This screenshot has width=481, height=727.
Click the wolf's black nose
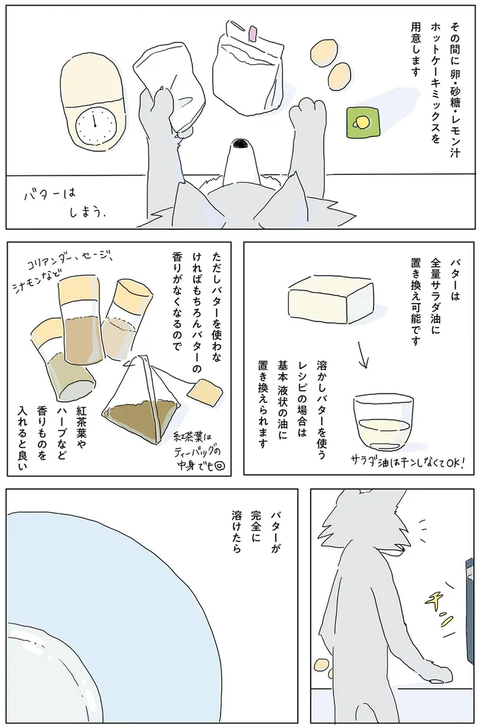242,144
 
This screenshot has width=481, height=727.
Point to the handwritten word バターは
50,193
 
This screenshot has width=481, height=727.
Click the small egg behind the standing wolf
323,665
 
